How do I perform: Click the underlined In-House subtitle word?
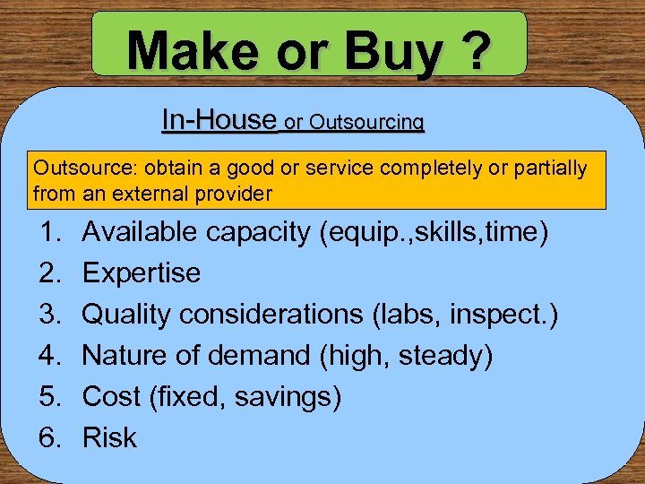click(219, 118)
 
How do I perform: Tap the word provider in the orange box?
click(239, 193)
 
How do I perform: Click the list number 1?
click(50, 232)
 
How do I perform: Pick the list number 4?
click(50, 356)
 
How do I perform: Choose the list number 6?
click(50, 438)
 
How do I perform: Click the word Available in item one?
click(140, 232)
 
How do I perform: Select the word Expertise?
click(142, 273)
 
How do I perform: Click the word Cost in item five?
click(111, 397)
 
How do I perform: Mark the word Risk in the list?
click(109, 438)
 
